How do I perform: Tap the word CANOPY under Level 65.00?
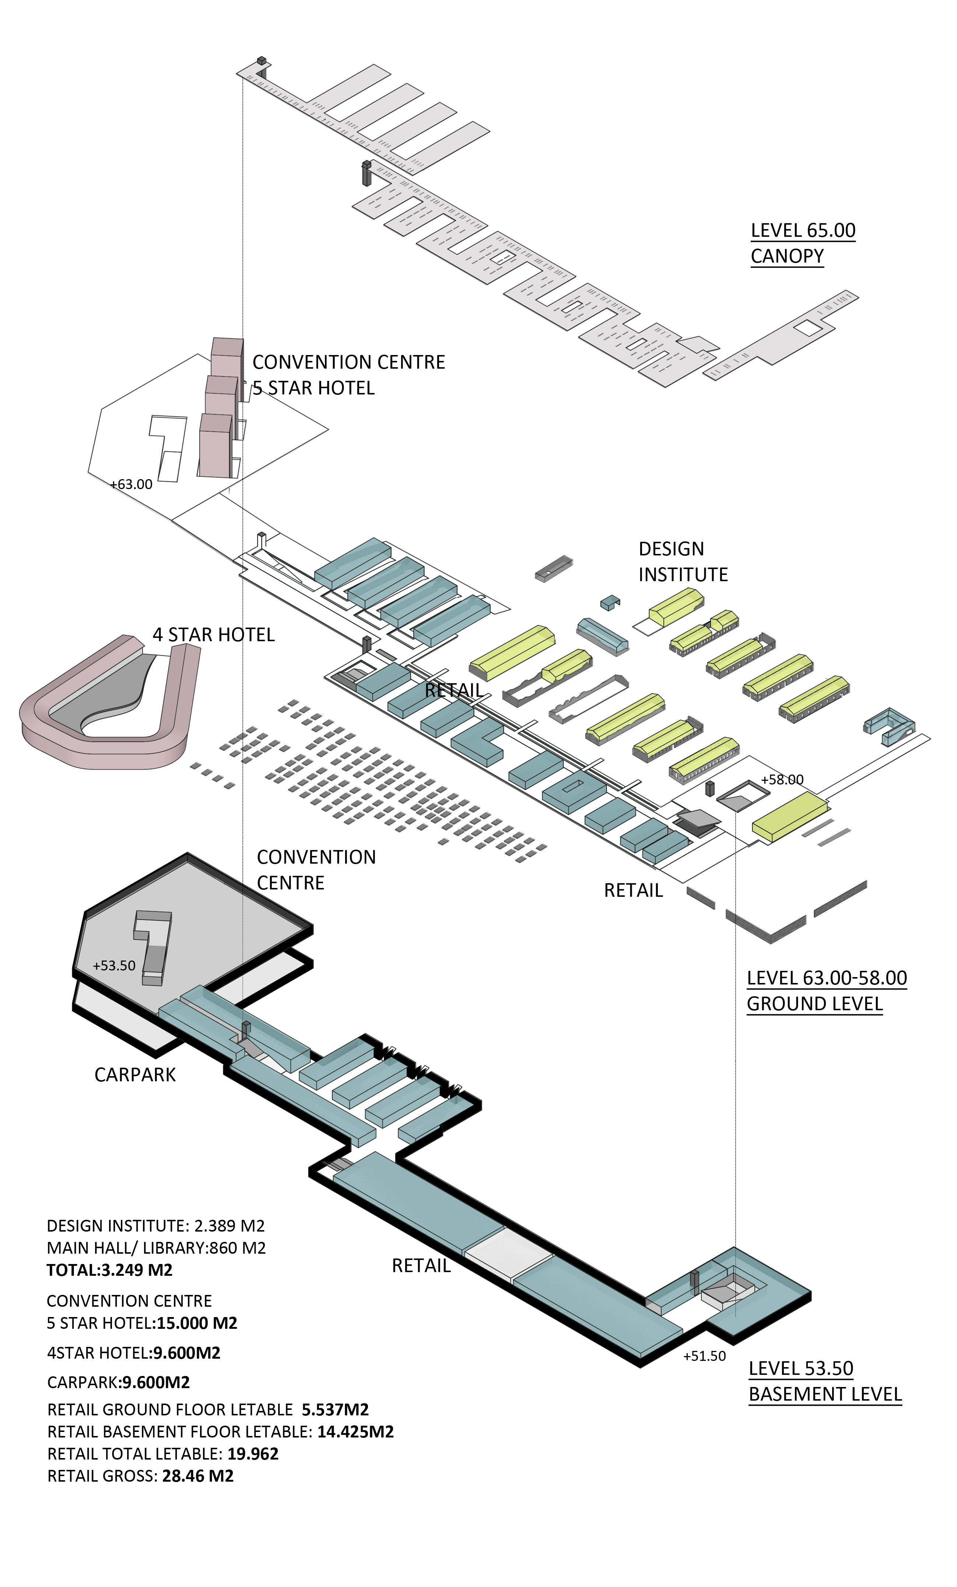point(787,256)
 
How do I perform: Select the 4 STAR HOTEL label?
point(214,635)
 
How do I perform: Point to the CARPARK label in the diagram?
point(135,1075)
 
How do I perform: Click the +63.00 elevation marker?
point(132,484)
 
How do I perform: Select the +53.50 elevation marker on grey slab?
point(114,965)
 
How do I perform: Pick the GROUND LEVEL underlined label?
point(815,1004)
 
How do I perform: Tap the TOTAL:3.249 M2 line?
point(109,1270)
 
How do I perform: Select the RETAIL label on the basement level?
point(421,1266)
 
